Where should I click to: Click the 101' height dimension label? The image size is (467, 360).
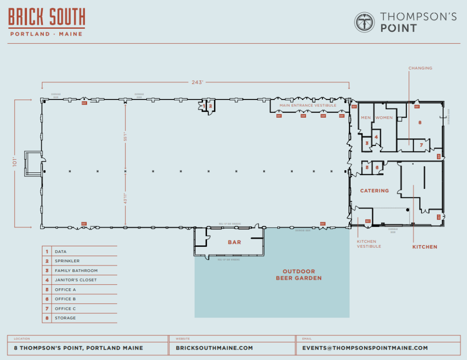(x=15, y=162)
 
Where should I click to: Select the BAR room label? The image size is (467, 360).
(x=234, y=242)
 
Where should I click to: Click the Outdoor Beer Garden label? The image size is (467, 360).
(x=299, y=275)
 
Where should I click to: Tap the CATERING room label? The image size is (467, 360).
(x=375, y=191)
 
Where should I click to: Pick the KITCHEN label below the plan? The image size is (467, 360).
(x=425, y=247)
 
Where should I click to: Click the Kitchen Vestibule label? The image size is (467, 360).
(x=368, y=244)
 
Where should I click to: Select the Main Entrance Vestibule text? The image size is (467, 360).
(x=308, y=105)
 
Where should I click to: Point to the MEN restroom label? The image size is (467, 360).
(x=366, y=118)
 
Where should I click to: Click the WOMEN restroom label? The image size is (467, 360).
(x=384, y=118)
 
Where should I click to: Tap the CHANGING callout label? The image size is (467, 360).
(x=420, y=68)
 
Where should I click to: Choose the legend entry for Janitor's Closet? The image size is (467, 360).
(x=75, y=280)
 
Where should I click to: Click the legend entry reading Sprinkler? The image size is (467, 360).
(x=67, y=261)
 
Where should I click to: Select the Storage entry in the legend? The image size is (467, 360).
(x=65, y=318)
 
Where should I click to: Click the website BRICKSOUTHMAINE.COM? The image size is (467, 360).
(x=214, y=348)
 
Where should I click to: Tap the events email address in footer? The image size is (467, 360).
(x=365, y=348)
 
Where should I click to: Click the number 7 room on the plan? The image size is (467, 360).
(x=422, y=146)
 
